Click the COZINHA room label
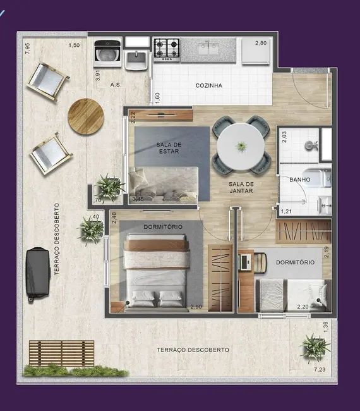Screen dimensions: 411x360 [x=209, y=85]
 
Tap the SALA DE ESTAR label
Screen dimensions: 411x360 [x=168, y=148]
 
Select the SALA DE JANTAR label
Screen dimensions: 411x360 [x=241, y=187]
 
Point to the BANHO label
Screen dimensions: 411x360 [x=299, y=180]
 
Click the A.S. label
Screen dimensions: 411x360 [x=116, y=84]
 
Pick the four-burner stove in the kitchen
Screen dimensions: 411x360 [x=167, y=49]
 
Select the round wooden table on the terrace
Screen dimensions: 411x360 [x=86, y=116]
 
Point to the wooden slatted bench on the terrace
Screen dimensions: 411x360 [x=61, y=353]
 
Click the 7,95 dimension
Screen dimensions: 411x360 [x=27, y=49]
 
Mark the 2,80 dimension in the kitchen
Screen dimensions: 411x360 [x=261, y=43]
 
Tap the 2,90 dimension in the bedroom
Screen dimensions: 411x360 [x=196, y=307]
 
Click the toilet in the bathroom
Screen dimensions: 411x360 [x=309, y=145]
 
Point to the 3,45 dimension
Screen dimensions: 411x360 [x=138, y=200]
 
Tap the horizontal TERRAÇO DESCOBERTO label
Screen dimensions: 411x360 [x=184, y=350]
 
